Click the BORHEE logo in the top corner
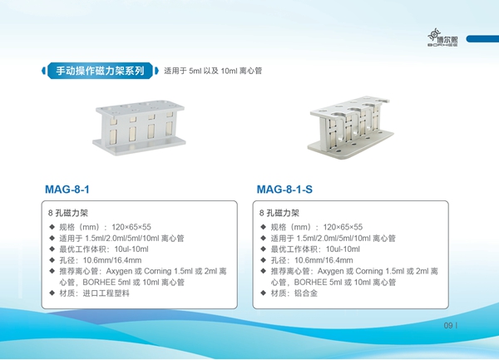click(442, 37)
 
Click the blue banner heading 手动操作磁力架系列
click(101, 71)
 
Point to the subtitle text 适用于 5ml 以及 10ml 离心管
click(213, 71)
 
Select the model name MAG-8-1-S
click(284, 190)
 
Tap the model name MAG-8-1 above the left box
click(67, 190)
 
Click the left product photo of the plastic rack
click(139, 128)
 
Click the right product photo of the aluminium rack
click(351, 127)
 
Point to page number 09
click(448, 325)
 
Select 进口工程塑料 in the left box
click(106, 293)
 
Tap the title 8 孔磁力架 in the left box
click(68, 213)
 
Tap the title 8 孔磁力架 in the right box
click(279, 213)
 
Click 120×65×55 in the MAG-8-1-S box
click(343, 227)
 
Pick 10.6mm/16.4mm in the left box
click(112, 260)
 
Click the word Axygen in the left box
click(119, 271)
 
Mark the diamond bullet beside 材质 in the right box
click(263, 293)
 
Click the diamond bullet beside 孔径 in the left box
click(52, 260)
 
